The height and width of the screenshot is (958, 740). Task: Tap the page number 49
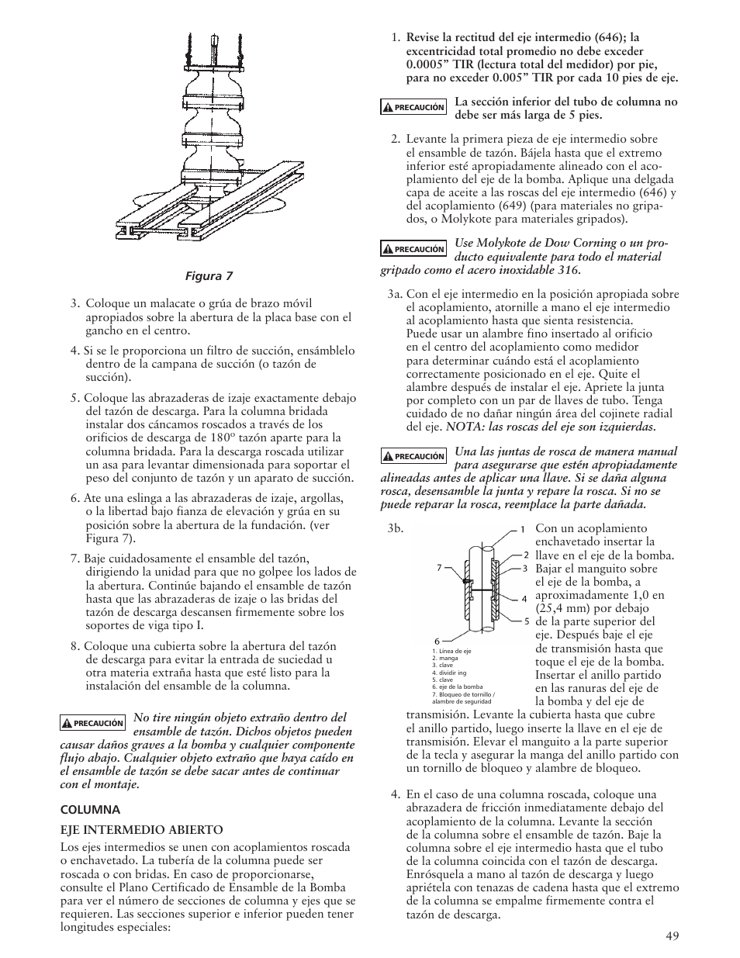click(672, 936)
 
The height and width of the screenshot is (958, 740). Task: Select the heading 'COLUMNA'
click(91, 809)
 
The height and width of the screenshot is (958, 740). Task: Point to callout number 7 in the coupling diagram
click(439, 568)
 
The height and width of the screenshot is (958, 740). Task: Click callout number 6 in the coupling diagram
click(437, 640)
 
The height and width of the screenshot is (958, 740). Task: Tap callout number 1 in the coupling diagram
click(523, 529)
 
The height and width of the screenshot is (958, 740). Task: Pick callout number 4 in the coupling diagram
click(524, 599)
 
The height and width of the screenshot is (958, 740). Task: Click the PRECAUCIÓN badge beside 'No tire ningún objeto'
click(93, 723)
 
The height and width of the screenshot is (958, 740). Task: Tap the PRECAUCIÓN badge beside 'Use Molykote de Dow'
click(413, 249)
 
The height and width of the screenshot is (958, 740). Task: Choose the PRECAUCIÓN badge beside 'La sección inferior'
click(413, 108)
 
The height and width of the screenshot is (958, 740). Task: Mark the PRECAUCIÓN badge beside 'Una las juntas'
click(413, 457)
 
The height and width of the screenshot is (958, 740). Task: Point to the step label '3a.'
click(396, 294)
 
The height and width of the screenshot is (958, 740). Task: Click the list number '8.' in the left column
click(75, 646)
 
